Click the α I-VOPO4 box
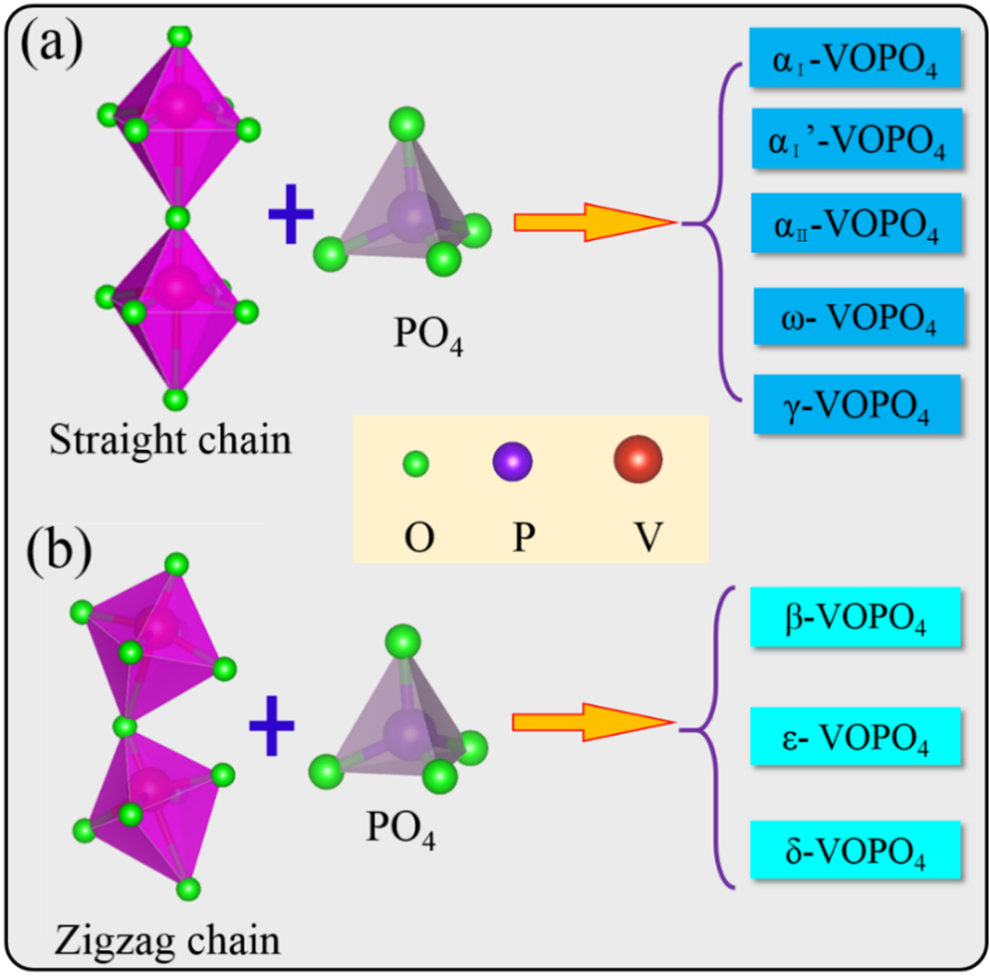[x=854, y=58]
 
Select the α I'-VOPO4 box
[x=856, y=140]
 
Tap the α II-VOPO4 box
[x=856, y=224]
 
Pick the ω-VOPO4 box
[x=857, y=316]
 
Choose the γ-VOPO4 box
[x=856, y=404]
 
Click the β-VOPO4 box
[x=854, y=617]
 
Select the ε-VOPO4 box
[x=854, y=737]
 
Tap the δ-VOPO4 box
[x=854, y=850]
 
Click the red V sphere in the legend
[x=638, y=460]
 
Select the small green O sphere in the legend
[x=415, y=464]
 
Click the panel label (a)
[x=51, y=45]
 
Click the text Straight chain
[x=170, y=440]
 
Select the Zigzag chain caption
[x=167, y=940]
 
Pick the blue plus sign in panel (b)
[x=271, y=725]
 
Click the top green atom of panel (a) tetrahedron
[x=407, y=124]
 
